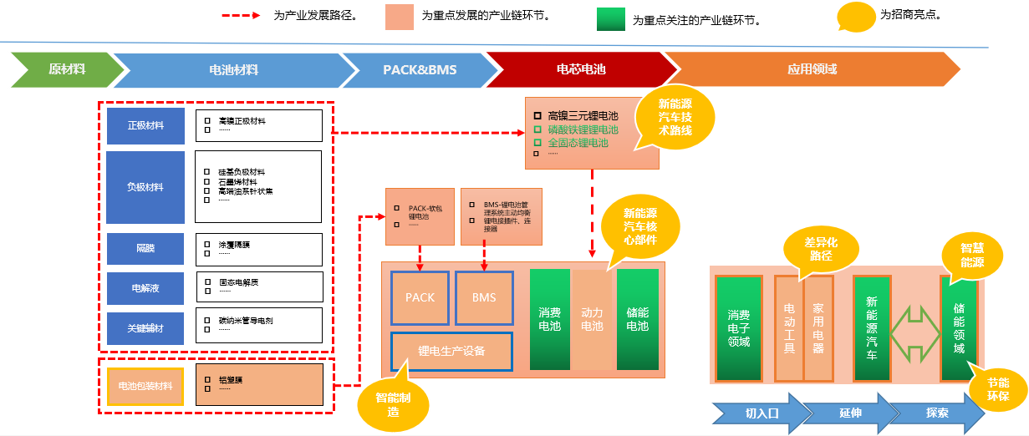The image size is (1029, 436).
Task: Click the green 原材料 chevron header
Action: pos(63,70)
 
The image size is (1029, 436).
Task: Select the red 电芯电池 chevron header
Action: pos(580,70)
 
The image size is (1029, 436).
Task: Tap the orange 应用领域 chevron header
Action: pos(811,70)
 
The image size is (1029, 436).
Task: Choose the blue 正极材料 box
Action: pos(145,126)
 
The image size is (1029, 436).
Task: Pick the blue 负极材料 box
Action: pos(145,187)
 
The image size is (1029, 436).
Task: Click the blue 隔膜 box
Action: pos(145,249)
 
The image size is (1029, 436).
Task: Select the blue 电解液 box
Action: pos(145,288)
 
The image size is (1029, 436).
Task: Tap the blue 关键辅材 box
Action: pos(145,328)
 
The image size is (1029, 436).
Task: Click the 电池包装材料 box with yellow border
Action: pos(145,386)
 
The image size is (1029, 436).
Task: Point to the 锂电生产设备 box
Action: pos(451,351)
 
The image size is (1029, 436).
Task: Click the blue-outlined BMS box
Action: pos(484,298)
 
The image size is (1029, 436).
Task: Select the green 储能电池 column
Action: pos(638,319)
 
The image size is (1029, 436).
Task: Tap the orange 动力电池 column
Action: pos(593,319)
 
